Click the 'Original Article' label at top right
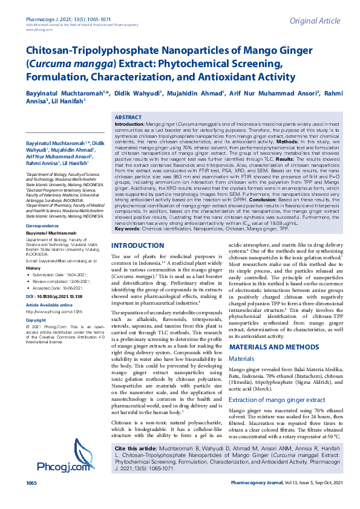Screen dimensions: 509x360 pyautogui.click(x=315, y=21)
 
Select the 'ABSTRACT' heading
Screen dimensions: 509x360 pyautogui.click(x=128, y=117)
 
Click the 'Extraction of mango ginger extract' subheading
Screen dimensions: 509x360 pyautogui.click(x=277, y=400)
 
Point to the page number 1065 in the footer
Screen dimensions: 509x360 pyautogui.click(x=31, y=501)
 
